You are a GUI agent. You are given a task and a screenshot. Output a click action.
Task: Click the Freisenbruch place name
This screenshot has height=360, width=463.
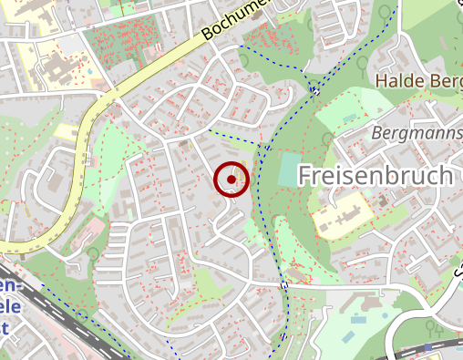click(x=376, y=175)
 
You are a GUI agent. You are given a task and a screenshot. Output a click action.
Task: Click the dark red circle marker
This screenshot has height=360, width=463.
click(x=231, y=180)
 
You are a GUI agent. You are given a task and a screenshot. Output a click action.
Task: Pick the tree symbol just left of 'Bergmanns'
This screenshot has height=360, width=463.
click(x=327, y=139)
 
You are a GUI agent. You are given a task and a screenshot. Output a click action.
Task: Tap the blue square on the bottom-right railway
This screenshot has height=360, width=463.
click(x=428, y=347)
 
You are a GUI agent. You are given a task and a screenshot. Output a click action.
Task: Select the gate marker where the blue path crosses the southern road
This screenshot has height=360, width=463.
click(x=283, y=285)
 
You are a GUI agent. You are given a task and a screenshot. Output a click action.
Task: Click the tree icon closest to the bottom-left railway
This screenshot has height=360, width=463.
click(x=94, y=252)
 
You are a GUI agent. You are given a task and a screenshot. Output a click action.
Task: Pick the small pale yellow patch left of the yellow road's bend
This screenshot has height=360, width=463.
click(x=66, y=131)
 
